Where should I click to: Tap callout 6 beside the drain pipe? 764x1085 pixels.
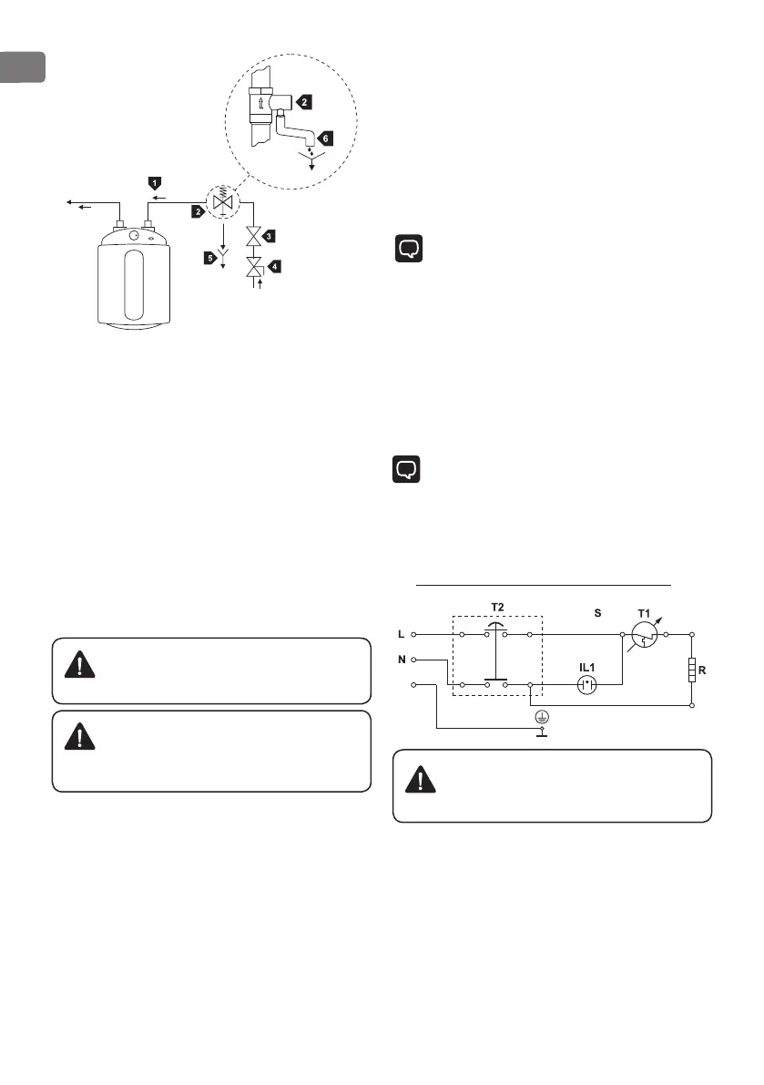pyautogui.click(x=326, y=138)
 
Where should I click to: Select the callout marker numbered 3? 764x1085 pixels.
pyautogui.click(x=270, y=236)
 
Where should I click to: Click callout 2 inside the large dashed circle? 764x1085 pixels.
pyautogui.click(x=308, y=103)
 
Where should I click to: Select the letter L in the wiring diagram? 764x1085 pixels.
pyautogui.click(x=401, y=633)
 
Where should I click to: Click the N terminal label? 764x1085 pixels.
pyautogui.click(x=401, y=658)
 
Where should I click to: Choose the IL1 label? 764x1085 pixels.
pyautogui.click(x=588, y=664)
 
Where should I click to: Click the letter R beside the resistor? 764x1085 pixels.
pyautogui.click(x=703, y=670)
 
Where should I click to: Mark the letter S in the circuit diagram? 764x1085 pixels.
pyautogui.click(x=598, y=614)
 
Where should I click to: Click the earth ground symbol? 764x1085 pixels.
pyautogui.click(x=543, y=720)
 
